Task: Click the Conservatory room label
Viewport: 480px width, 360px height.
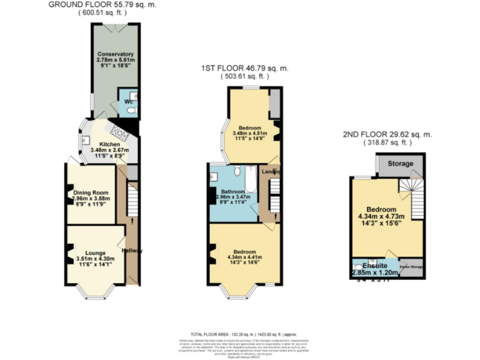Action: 111,53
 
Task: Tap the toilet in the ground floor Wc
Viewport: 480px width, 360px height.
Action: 130,110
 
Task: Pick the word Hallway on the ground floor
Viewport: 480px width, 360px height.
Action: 132,251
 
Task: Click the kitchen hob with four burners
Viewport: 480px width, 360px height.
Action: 116,131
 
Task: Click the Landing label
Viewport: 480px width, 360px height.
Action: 271,172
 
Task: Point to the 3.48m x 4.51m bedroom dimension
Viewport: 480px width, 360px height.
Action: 249,133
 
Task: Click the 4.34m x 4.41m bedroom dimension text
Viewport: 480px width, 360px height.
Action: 244,256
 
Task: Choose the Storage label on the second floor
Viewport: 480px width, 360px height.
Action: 401,164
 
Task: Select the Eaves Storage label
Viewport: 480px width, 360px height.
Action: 411,267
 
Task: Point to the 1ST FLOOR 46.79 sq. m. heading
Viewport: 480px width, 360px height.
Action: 244,67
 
